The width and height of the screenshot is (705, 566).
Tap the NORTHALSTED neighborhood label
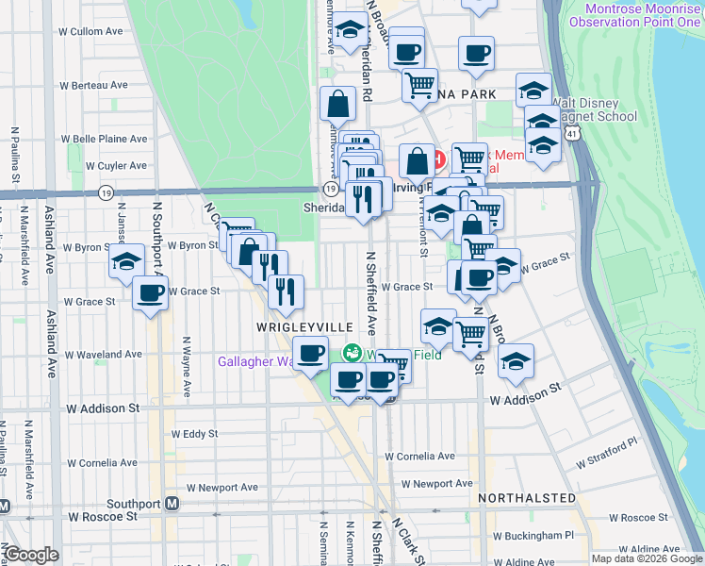(x=526, y=497)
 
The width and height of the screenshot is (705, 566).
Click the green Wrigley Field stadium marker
(x=351, y=354)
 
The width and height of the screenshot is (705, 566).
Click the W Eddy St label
(x=194, y=434)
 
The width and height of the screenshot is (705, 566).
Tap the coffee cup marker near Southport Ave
(x=150, y=293)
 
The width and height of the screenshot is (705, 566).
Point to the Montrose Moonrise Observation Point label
(x=642, y=15)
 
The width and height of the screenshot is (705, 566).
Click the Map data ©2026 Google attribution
(x=647, y=558)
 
